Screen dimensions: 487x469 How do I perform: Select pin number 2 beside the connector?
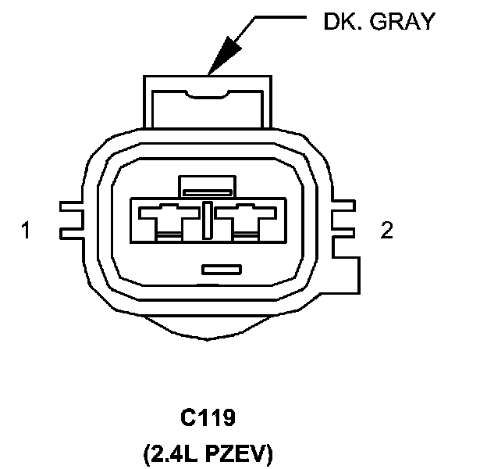coord(386,231)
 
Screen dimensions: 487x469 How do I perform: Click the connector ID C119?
coord(208,418)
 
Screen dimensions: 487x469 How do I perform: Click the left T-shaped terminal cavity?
coord(168,218)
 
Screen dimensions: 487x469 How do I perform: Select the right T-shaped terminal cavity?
coord(245,218)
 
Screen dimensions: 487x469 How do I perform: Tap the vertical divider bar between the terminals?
coord(207,219)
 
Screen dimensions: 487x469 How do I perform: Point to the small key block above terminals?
coord(206,185)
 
